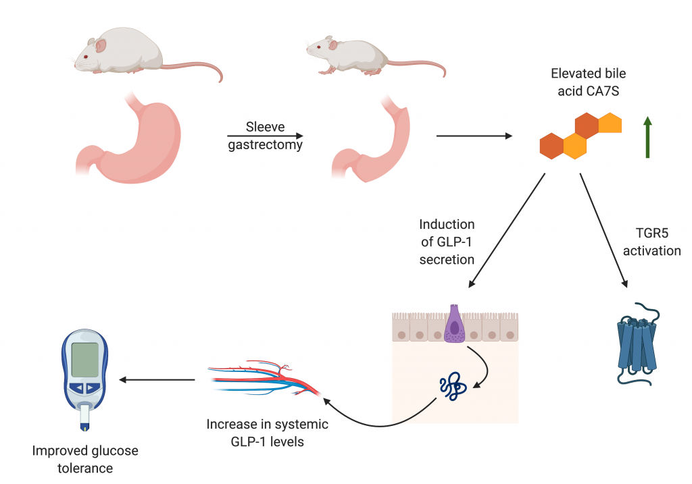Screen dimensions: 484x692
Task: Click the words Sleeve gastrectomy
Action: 264,136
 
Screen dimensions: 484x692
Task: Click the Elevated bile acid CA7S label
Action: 583,81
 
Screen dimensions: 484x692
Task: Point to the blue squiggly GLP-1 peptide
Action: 451,386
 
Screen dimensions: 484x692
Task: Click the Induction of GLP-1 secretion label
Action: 447,242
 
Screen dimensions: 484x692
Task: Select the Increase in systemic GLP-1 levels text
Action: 267,433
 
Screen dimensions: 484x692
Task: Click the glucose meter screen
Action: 86,360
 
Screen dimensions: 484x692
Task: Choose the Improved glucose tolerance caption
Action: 85,459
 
